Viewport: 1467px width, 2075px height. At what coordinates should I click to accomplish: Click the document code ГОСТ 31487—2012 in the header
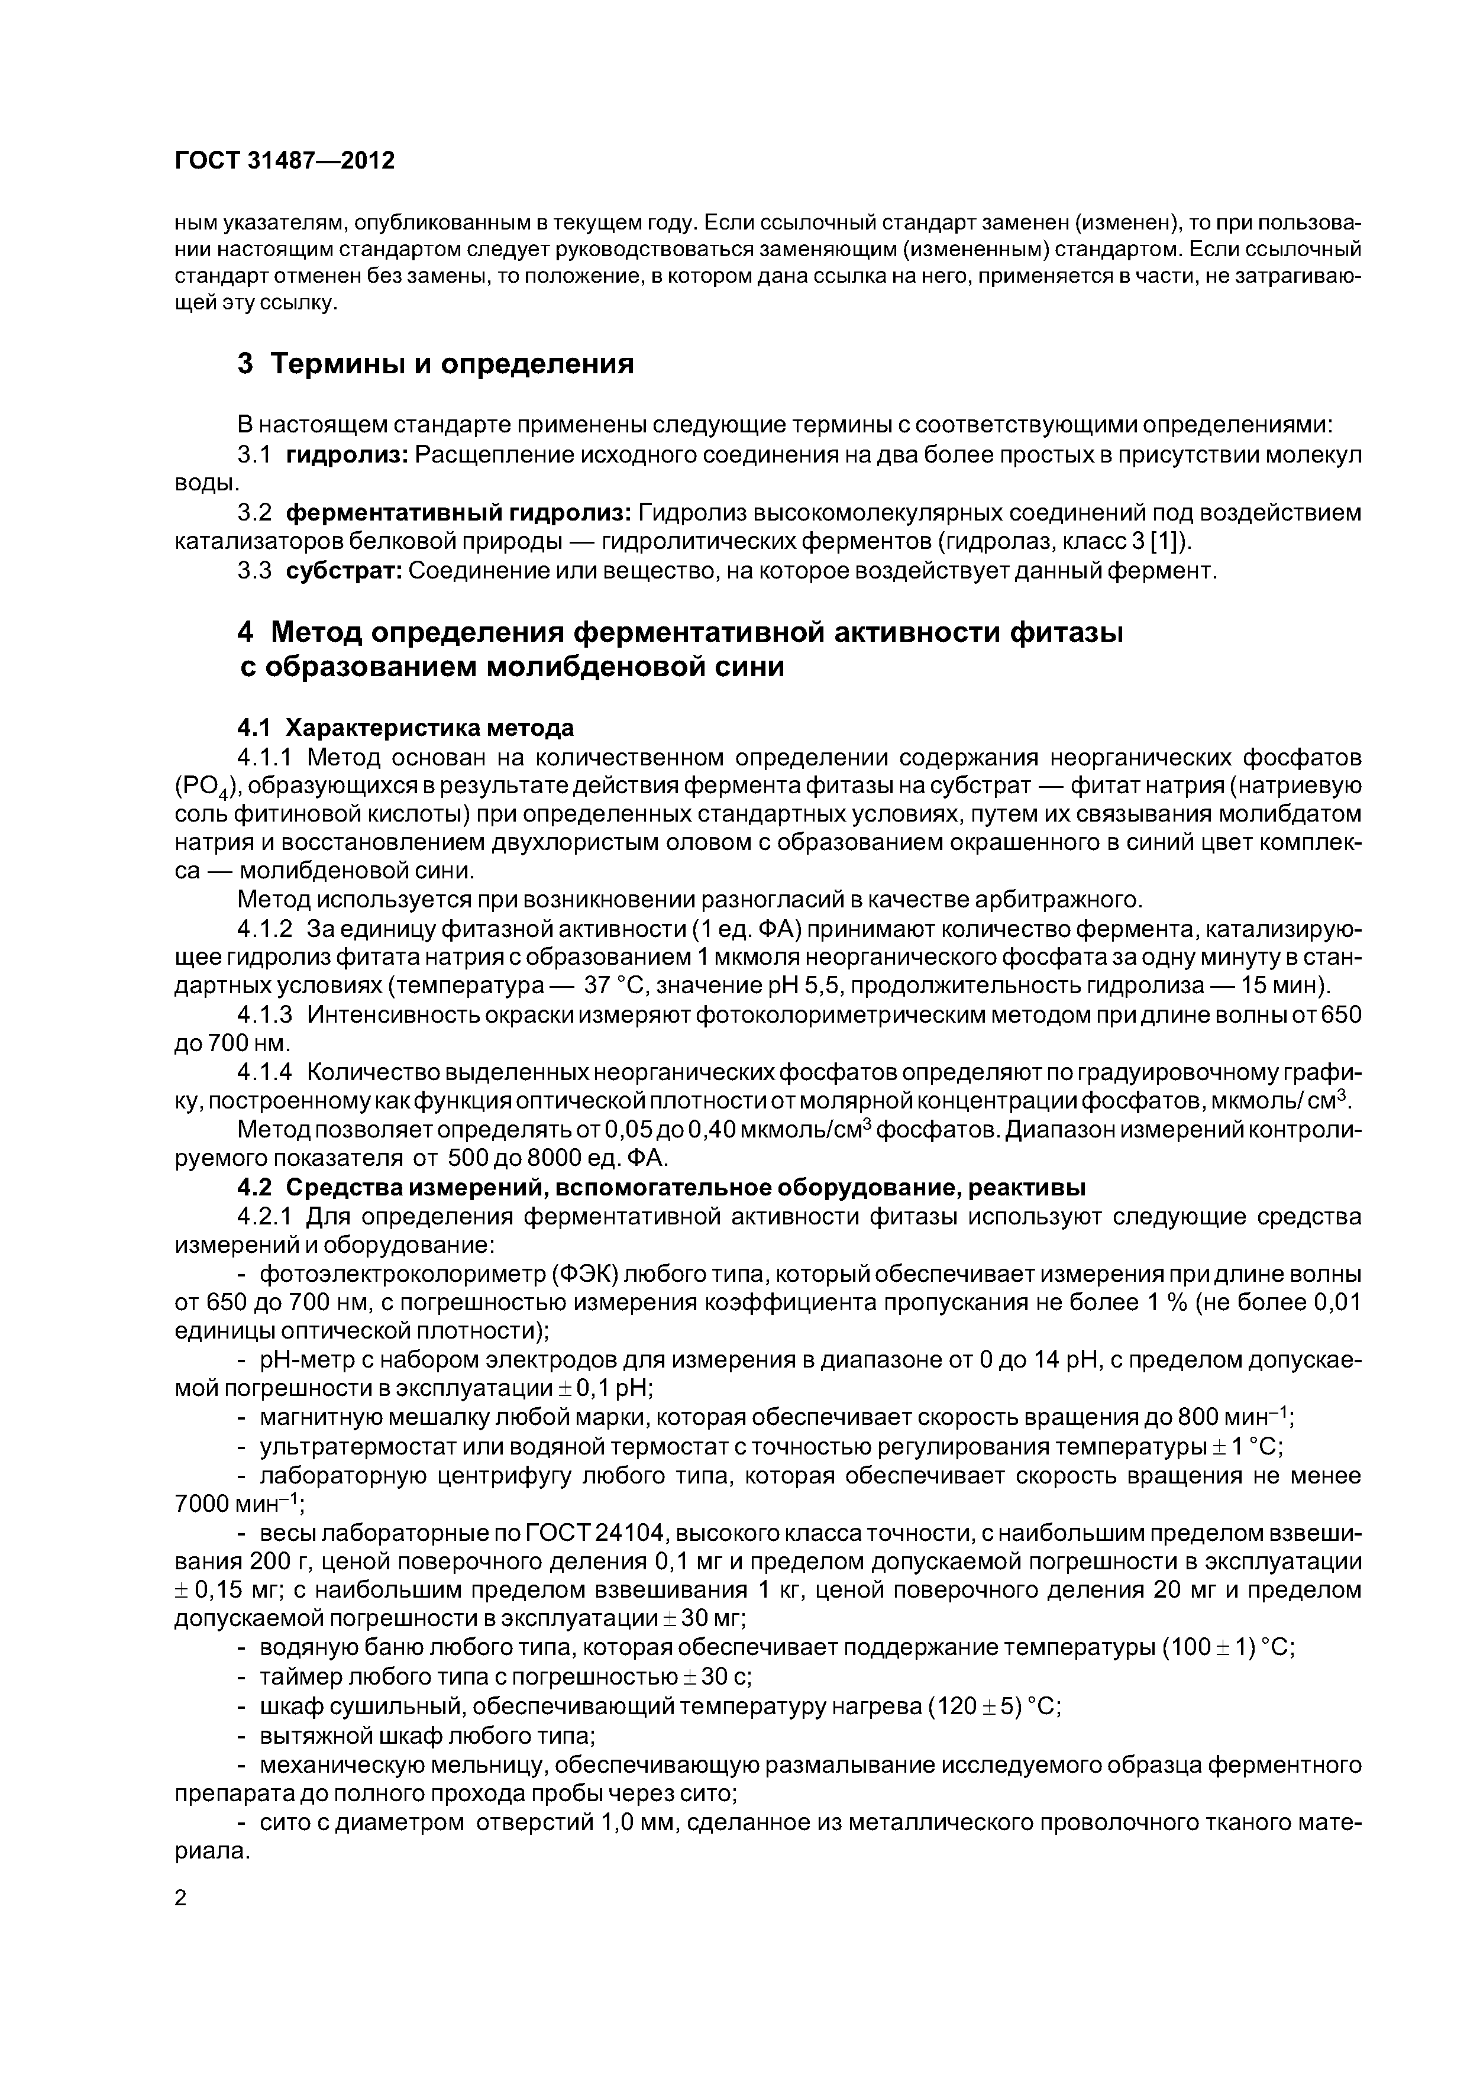(285, 161)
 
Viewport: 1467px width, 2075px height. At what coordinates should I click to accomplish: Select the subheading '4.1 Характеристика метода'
(405, 728)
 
